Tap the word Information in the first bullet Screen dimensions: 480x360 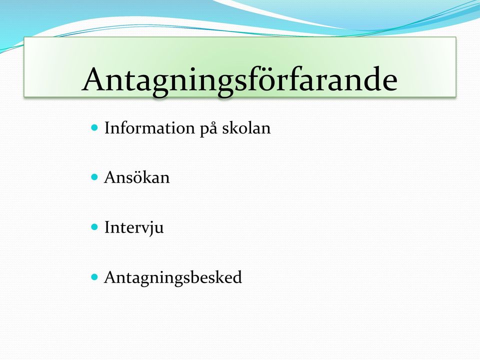tap(149, 128)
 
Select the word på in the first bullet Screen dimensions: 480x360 tap(208, 128)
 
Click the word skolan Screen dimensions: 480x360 tap(246, 127)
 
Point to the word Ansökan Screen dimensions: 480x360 tap(136, 177)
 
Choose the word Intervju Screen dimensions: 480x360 tap(134, 228)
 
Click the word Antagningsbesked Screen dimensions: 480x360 tap(173, 278)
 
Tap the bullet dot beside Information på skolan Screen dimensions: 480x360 tap(94, 127)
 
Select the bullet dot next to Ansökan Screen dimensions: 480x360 tap(94, 177)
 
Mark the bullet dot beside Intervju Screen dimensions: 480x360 tap(94, 227)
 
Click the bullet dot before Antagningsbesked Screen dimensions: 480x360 tap(94, 277)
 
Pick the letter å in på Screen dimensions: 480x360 tap(213, 128)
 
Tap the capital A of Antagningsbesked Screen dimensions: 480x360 tap(111, 277)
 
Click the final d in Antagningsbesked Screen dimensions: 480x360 tap(237, 277)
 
